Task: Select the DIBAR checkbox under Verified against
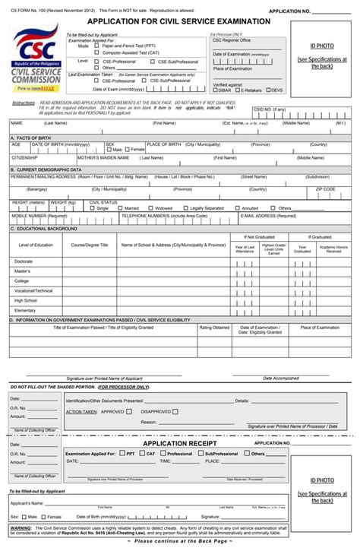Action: (x=215, y=90)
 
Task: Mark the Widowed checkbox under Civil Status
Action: (x=150, y=207)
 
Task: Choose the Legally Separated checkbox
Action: (x=185, y=207)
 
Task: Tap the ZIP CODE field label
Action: (x=325, y=188)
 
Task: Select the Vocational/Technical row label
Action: (x=33, y=290)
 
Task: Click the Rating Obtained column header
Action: (x=214, y=328)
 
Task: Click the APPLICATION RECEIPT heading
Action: (x=180, y=442)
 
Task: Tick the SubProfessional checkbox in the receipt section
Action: (x=201, y=454)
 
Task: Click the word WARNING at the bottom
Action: (x=21, y=527)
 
